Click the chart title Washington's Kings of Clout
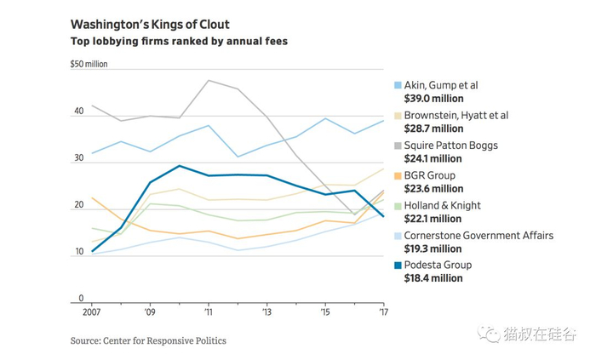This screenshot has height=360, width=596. point(149,25)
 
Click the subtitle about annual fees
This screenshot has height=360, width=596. point(179,41)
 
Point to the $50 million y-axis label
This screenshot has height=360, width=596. point(89,65)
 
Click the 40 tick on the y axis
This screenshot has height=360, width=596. point(78,111)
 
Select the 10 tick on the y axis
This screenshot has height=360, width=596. point(78,253)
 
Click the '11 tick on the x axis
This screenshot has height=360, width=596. point(208,313)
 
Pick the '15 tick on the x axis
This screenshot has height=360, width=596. point(324,313)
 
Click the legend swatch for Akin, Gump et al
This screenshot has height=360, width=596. point(398,85)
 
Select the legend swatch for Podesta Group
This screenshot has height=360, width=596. point(398,265)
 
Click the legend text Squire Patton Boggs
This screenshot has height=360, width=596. point(451,146)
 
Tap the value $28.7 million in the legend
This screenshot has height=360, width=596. point(434,129)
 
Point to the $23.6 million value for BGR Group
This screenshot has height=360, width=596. point(434,188)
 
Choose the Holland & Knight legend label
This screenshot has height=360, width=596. point(443,205)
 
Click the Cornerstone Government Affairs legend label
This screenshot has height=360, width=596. point(479,235)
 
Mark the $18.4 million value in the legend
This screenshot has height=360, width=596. point(434,278)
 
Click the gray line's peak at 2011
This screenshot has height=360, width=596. point(209,80)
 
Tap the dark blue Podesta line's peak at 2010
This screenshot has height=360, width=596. point(179,166)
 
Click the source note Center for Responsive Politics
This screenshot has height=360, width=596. point(148,340)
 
